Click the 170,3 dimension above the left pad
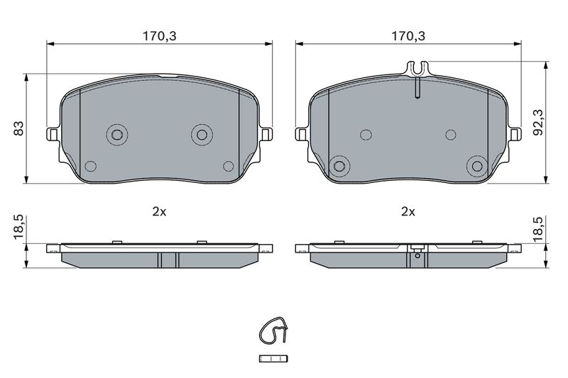[159, 36]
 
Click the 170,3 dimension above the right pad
[408, 36]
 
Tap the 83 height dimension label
[19, 128]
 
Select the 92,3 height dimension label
[540, 122]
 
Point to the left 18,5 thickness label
[19, 226]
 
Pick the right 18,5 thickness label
[540, 229]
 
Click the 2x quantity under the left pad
[159, 212]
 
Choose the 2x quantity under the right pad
[408, 212]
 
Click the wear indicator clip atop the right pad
[417, 69]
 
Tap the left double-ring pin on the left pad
[117, 135]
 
